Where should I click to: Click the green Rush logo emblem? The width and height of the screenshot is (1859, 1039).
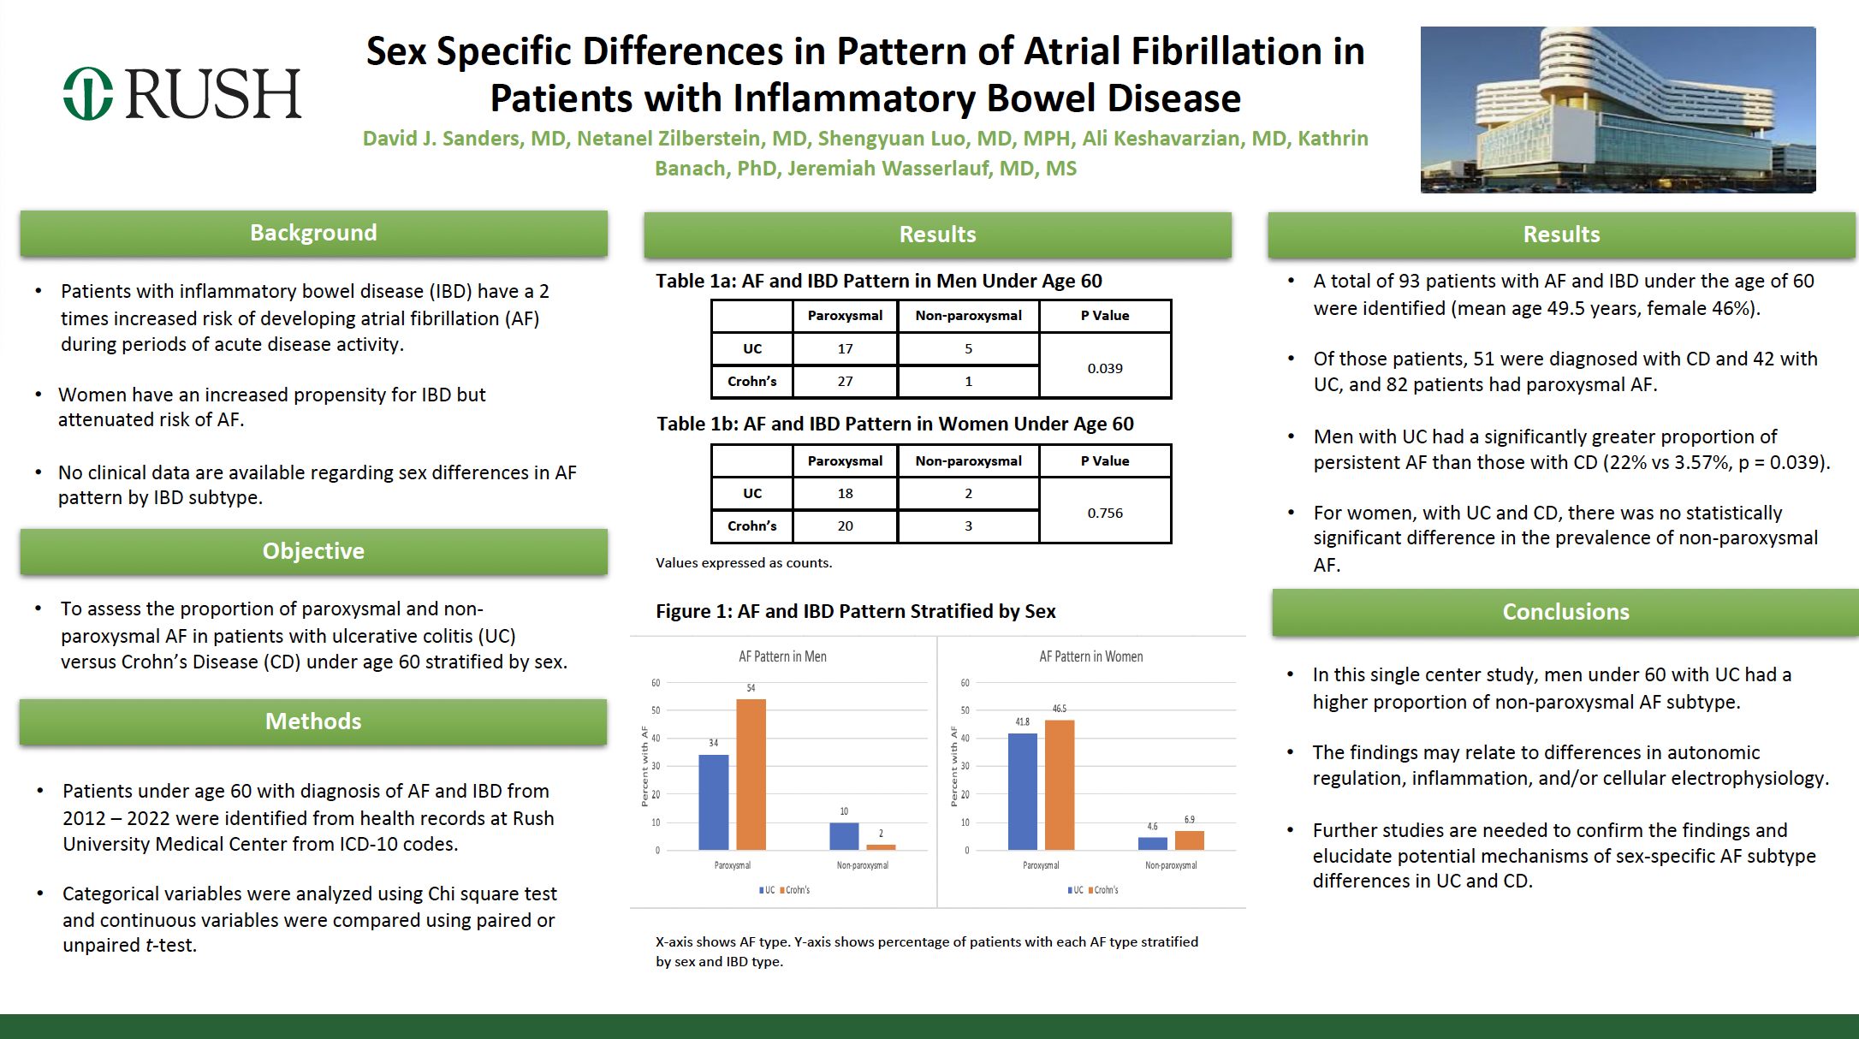point(87,93)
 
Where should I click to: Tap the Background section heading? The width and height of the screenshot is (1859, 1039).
point(313,233)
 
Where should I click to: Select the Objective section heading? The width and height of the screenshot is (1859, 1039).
point(313,551)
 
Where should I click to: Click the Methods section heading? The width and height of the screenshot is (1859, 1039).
point(313,721)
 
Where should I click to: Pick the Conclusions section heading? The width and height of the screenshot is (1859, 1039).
point(1565,612)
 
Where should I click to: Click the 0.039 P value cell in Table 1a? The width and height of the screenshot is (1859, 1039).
point(1104,368)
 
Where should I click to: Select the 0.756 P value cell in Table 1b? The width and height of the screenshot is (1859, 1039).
point(1104,513)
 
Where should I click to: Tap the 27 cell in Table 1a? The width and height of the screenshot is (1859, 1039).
point(845,382)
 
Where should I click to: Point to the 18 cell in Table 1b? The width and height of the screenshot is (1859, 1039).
point(845,493)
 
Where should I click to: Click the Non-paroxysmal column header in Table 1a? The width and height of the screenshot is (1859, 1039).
point(968,316)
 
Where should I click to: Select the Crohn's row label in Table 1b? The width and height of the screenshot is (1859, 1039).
point(751,525)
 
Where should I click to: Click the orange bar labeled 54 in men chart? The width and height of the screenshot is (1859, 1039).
point(751,774)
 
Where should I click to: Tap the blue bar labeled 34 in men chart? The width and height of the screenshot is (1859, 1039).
point(713,802)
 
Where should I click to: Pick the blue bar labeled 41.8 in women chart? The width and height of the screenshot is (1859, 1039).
point(1022,791)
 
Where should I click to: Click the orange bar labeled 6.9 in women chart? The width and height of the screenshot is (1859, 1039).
point(1189,840)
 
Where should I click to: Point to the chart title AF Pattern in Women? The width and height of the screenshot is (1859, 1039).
point(1090,656)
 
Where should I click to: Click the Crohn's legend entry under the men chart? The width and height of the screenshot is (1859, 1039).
point(796,890)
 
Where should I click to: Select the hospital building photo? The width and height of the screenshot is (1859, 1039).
point(1618,110)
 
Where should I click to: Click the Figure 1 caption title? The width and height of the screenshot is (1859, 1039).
point(855,611)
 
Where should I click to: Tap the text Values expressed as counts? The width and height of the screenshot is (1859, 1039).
point(743,563)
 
